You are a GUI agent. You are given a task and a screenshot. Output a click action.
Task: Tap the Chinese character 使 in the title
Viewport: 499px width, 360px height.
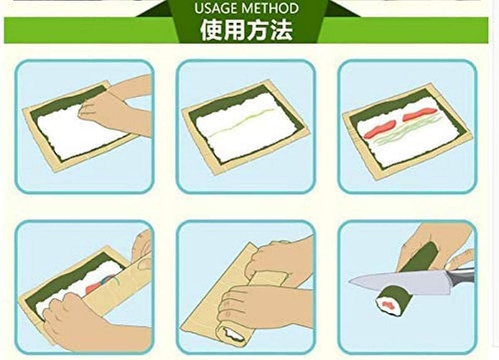211,30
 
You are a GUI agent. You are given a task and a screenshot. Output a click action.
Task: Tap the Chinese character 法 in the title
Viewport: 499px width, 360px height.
282,30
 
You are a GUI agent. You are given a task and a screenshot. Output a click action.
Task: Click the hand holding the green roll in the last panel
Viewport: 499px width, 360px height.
437,241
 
